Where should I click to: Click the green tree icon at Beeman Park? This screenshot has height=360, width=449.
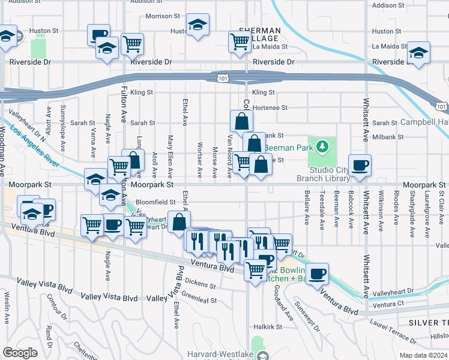(x=322, y=146)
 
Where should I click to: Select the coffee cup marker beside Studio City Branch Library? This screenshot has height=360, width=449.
(x=360, y=165)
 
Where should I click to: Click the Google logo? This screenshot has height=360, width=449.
(x=20, y=352)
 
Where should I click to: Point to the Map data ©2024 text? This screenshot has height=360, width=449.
(x=423, y=355)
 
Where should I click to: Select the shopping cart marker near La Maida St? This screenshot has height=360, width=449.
(x=240, y=41)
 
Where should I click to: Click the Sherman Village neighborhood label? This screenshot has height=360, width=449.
(x=259, y=34)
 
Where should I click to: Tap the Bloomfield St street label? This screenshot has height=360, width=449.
(x=155, y=202)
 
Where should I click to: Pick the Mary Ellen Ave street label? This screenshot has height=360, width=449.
(x=170, y=157)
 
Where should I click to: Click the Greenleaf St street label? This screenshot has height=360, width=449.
(x=199, y=295)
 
